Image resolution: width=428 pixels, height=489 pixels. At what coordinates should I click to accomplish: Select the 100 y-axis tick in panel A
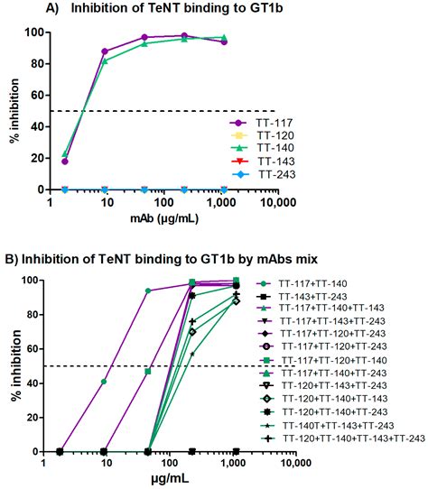(x=39, y=32)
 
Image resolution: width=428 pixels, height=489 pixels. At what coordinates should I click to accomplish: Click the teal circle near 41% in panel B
(x=104, y=382)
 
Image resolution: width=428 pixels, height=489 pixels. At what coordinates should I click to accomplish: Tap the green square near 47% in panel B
(x=146, y=371)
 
